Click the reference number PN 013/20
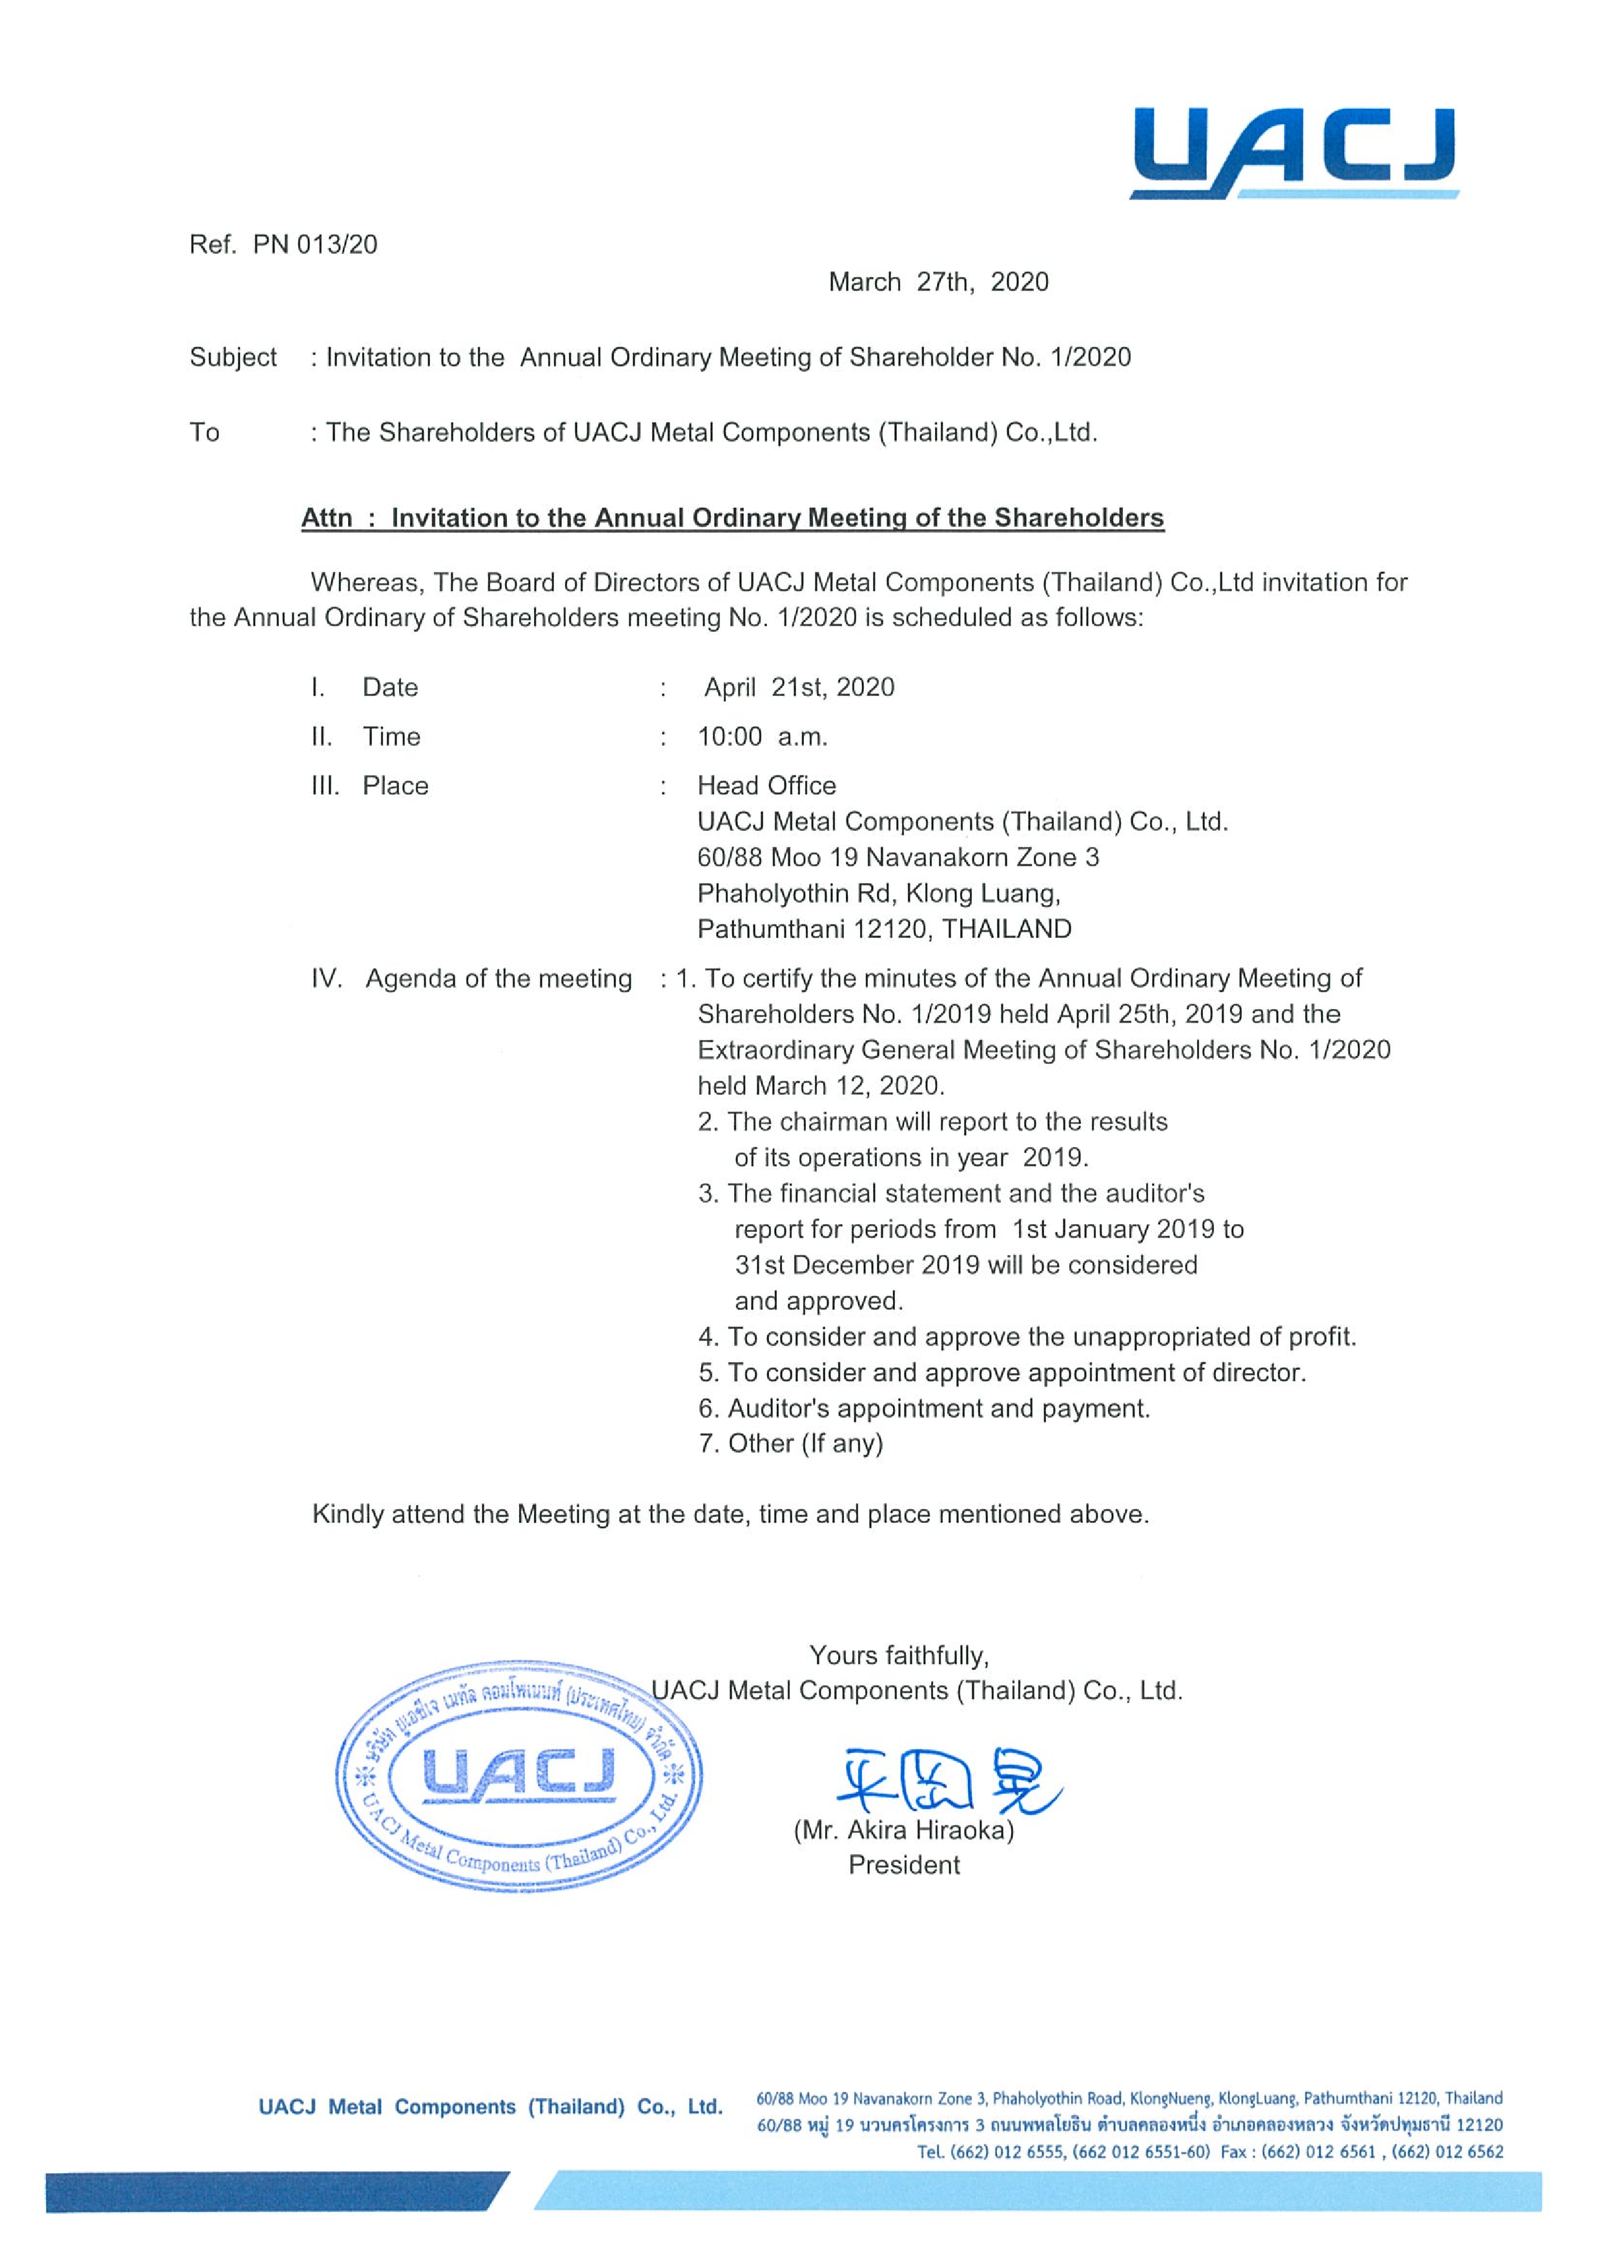point(315,245)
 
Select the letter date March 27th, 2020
point(938,282)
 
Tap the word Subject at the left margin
point(233,357)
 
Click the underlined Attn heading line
point(732,518)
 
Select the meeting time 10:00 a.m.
point(762,736)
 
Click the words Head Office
point(766,786)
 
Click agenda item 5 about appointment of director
point(1002,1373)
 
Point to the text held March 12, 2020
point(820,1086)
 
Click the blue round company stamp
point(519,1777)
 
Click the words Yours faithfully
point(898,1655)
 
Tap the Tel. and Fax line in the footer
point(1209,2152)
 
